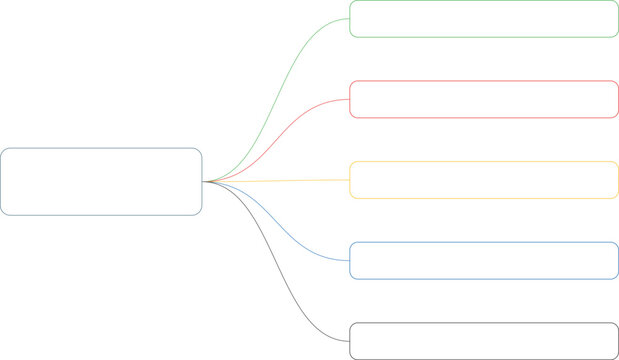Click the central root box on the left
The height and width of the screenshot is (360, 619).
pos(101,181)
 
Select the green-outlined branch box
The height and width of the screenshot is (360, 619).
pos(484,19)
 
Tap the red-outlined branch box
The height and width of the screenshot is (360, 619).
pos(484,99)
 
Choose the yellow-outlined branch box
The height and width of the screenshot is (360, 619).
pos(484,180)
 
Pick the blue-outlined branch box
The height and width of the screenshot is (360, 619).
pos(484,260)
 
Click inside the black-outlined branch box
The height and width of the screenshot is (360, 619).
pos(484,341)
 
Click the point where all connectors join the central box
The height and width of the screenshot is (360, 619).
pos(203,181)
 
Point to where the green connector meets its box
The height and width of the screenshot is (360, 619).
pos(349,19)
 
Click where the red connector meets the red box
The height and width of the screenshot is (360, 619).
pos(349,99)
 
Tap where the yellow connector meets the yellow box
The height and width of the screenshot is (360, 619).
pos(349,180)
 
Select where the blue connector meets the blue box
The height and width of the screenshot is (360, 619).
pos(349,260)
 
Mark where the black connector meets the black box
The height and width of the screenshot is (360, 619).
pos(349,341)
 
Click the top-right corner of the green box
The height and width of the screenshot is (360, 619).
pos(616,3)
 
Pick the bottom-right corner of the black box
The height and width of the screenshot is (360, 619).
pos(616,357)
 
